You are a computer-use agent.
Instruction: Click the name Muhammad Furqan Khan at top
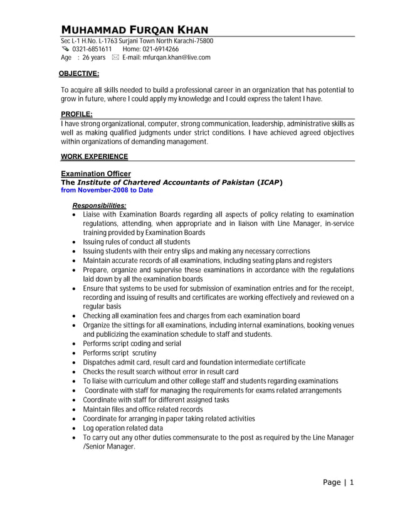pyautogui.click(x=134, y=30)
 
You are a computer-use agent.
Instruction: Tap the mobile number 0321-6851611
pyautogui.click(x=92, y=49)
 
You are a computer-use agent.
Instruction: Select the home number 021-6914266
pyautogui.click(x=161, y=49)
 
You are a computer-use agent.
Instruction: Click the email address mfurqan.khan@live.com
pyautogui.click(x=176, y=58)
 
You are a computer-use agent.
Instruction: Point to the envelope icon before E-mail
pyautogui.click(x=115, y=58)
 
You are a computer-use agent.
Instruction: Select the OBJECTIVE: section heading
pyautogui.click(x=79, y=74)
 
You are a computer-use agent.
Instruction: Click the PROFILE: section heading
pyautogui.click(x=76, y=114)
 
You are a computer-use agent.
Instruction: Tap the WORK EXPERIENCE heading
pyautogui.click(x=94, y=156)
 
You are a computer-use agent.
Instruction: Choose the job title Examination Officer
pyautogui.click(x=96, y=174)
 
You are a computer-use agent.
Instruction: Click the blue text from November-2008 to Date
pyautogui.click(x=107, y=190)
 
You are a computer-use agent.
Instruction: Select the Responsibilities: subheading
pyautogui.click(x=99, y=206)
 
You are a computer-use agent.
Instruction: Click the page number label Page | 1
pyautogui.click(x=339, y=482)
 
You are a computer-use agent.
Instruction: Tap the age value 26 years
pyautogui.click(x=93, y=58)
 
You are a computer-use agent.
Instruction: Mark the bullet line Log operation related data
pyautogui.click(x=123, y=428)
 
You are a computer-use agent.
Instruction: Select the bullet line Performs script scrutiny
pyautogui.click(x=120, y=353)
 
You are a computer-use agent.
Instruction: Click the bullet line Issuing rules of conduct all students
pyautogui.click(x=136, y=241)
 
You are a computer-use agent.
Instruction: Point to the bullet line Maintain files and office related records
pyautogui.click(x=143, y=410)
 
